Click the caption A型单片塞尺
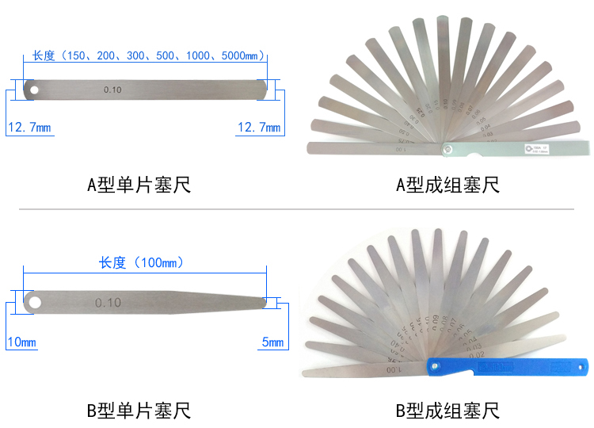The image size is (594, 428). pos(139,185)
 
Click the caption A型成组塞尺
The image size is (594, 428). pos(447,185)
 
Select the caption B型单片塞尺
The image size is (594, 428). pos(139,411)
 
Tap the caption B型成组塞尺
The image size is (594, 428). pos(447,411)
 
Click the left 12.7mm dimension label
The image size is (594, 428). pos(29,128)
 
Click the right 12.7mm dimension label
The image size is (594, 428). pos(259,128)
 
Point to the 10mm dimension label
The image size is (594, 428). pos(21,342)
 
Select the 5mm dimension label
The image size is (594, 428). pos(272,342)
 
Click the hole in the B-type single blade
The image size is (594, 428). pos(34,302)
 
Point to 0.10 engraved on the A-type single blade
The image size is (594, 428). pos(112,90)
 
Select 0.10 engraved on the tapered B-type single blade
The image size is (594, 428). pos(108,303)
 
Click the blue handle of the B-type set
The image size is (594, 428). pos(507,366)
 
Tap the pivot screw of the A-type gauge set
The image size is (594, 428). pos(447,147)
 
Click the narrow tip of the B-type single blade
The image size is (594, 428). pos(262,301)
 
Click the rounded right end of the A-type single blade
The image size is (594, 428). pos(262,89)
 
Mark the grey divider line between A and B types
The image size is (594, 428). pos(297,209)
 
